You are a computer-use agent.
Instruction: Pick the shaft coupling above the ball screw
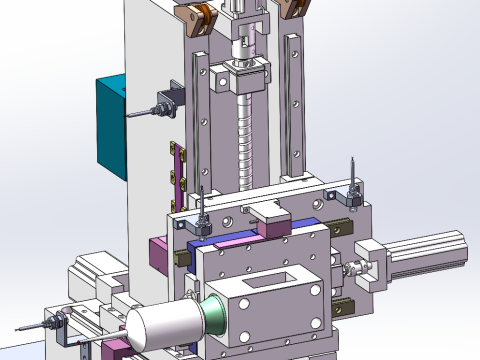coord(241,44)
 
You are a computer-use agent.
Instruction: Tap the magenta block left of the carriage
coord(158,255)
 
